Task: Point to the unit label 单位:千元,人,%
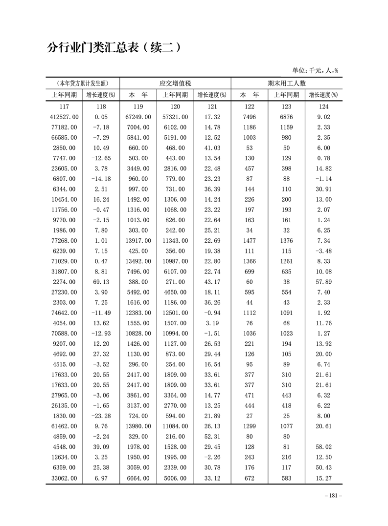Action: (315, 70)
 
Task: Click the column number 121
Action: (212, 106)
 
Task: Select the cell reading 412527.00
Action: (64, 117)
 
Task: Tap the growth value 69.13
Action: (101, 282)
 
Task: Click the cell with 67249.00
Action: (138, 117)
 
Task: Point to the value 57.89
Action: (323, 282)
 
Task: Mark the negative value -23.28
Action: (101, 416)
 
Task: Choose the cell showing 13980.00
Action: (138, 426)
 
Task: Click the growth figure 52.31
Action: (212, 436)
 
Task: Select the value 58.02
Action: (323, 446)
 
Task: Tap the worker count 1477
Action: (249, 241)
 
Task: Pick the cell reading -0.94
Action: (212, 313)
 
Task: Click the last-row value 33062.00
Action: (64, 478)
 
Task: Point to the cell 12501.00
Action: (175, 313)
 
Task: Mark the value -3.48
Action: (323, 251)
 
